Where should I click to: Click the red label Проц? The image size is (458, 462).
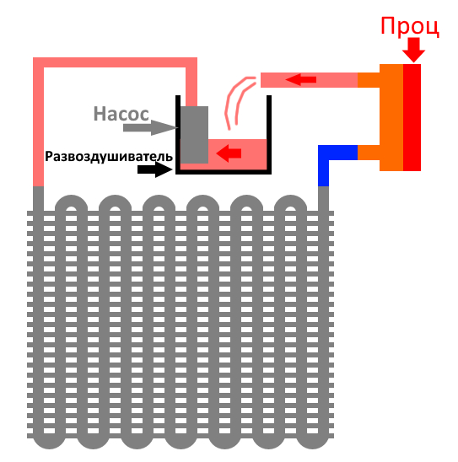[x=410, y=27]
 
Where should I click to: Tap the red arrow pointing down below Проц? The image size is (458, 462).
[x=413, y=50]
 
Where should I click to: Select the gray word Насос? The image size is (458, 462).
[x=121, y=114]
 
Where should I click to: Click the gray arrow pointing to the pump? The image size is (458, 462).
[x=150, y=127]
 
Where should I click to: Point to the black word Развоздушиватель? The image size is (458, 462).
[x=109, y=157]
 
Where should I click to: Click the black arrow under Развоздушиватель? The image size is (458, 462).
[x=154, y=169]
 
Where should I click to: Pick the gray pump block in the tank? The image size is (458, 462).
[x=194, y=135]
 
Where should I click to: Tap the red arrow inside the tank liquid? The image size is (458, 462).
[x=229, y=153]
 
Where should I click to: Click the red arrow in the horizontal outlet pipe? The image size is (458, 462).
[x=301, y=79]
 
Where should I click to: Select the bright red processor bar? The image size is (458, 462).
[x=412, y=117]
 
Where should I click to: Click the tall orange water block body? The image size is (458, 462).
[x=391, y=117]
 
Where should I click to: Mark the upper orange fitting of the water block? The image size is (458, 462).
[x=369, y=80]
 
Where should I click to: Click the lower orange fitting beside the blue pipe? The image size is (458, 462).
[x=369, y=153]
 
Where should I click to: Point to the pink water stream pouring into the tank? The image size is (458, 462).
[x=237, y=100]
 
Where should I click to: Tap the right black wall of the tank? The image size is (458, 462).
[x=269, y=134]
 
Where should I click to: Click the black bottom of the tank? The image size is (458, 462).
[x=224, y=172]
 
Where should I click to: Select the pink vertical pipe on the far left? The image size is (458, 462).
[x=38, y=122]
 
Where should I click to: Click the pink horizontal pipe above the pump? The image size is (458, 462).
[x=115, y=62]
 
